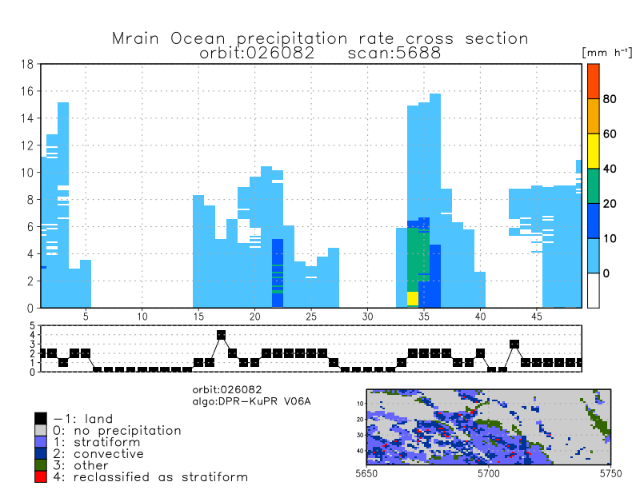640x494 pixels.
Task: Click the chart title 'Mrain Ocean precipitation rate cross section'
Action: click(320, 38)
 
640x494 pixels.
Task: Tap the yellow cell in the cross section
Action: click(413, 299)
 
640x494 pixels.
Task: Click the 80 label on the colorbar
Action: click(609, 99)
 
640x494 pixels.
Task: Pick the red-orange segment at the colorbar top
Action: click(593, 81)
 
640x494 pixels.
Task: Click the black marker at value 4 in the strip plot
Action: click(221, 335)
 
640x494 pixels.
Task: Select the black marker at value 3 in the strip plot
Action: click(514, 344)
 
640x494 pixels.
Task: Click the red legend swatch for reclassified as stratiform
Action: click(41, 477)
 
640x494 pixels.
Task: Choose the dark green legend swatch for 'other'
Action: click(41, 465)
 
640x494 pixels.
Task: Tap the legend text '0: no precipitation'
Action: click(117, 430)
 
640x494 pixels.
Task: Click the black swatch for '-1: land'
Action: click(41, 418)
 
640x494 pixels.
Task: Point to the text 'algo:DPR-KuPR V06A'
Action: click(251, 400)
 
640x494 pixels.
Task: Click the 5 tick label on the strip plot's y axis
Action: click(34, 326)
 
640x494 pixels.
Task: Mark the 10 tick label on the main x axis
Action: click(142, 317)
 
